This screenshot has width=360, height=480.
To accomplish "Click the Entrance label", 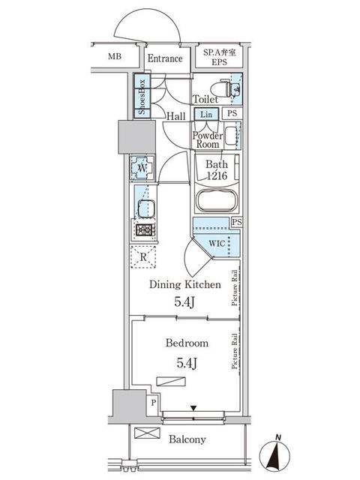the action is [165, 58].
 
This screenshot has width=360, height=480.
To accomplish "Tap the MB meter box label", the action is [115, 56].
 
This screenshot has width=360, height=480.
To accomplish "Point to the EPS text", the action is [219, 61].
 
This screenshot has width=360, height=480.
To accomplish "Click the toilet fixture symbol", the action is [229, 88].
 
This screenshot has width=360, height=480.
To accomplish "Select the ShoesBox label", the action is [142, 97].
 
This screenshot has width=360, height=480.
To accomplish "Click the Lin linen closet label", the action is [206, 114].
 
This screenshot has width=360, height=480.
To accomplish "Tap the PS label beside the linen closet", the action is [232, 113].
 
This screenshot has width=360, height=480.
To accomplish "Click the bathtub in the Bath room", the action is [217, 201].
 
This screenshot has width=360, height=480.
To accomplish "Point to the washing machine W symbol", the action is [142, 168].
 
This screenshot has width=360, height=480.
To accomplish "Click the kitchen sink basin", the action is [146, 208].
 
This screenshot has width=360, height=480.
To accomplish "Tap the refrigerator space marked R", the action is [143, 256].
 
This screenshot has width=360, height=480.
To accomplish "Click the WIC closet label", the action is [217, 244].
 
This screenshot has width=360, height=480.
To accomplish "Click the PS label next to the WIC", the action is [237, 222].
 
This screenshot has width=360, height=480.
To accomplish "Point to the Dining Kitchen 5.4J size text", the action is [184, 302].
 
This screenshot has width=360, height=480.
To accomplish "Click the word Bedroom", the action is [187, 343].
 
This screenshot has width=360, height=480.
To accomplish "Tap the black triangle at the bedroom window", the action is [193, 408].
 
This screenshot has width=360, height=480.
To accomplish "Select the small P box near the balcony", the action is [154, 402].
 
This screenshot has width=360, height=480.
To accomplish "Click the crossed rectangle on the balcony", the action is [147, 433].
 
